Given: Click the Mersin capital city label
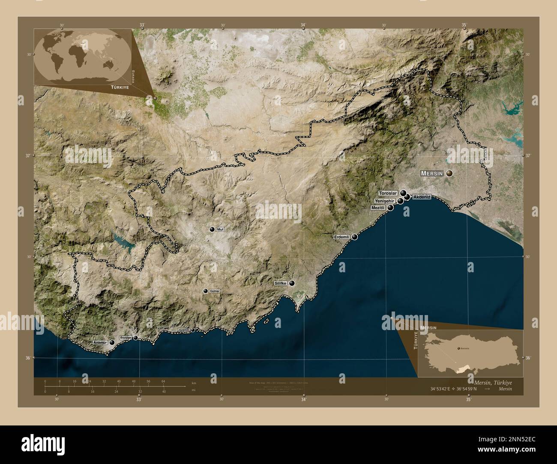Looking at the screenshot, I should click(432, 173).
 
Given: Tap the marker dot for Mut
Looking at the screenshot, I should click(212, 229).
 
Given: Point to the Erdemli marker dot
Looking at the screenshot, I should click(355, 237).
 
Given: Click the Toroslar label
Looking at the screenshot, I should click(388, 193).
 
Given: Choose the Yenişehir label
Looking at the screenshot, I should click(385, 201).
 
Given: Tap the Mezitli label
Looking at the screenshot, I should click(379, 208).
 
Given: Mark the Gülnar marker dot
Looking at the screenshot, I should click(206, 291).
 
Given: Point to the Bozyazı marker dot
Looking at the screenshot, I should click(136, 338).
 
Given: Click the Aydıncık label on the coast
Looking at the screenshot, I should click(184, 330).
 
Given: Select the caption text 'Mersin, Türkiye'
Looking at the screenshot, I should click(492, 382).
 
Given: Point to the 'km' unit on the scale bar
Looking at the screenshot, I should click(194, 383).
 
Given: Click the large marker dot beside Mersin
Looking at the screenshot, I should click(449, 173).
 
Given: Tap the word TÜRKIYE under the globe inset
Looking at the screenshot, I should click(120, 87).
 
